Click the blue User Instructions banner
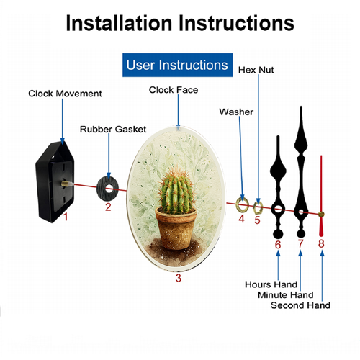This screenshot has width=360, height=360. click(x=177, y=65)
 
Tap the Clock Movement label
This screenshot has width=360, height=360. click(x=65, y=94)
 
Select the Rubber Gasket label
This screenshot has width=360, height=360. click(x=113, y=130)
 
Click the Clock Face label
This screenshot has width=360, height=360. click(x=174, y=90)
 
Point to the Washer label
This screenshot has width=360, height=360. click(x=236, y=112)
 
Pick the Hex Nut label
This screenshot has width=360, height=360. click(x=256, y=70)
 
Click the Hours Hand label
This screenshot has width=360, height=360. click(x=271, y=284)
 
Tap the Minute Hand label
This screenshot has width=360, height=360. click(x=286, y=295)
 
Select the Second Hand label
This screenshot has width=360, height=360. click(x=300, y=305)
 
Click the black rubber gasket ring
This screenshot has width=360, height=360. click(x=102, y=189)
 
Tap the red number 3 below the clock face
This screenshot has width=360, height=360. click(x=179, y=278)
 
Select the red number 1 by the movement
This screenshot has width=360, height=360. click(x=66, y=217)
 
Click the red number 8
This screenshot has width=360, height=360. click(x=321, y=243)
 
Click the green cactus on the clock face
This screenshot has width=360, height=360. click(x=177, y=192)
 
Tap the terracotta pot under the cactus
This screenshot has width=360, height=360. click(x=176, y=228)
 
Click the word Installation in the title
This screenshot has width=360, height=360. click(x=119, y=23)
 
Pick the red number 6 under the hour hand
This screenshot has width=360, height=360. click(x=278, y=245)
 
